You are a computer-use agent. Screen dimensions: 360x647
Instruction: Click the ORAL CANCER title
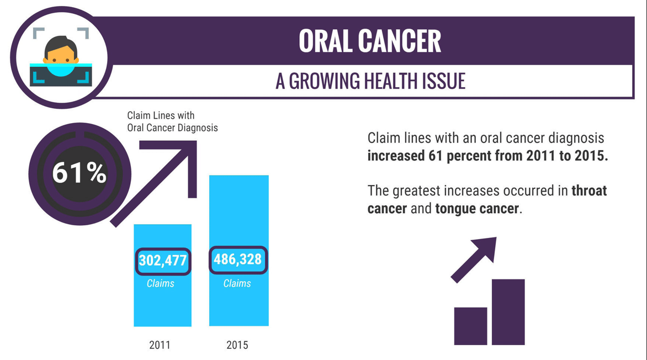click(370, 41)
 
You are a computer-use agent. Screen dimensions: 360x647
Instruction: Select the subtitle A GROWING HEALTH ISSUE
click(370, 81)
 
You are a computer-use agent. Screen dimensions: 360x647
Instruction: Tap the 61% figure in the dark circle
click(79, 173)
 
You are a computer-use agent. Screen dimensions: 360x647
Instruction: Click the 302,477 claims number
click(163, 261)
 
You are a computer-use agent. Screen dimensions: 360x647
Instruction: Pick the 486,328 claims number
click(238, 260)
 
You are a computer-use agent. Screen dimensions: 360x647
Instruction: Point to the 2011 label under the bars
click(160, 345)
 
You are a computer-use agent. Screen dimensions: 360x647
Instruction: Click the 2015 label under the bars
click(237, 345)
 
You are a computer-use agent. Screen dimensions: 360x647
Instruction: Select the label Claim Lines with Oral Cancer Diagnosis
click(172, 122)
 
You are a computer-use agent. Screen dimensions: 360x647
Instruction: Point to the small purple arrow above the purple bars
click(475, 258)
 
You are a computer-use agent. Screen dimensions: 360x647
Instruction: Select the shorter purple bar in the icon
click(470, 326)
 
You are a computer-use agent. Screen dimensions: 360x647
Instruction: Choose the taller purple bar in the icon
click(508, 312)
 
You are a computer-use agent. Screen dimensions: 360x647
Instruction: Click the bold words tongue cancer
click(477, 209)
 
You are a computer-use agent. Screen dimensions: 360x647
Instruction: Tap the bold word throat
click(588, 191)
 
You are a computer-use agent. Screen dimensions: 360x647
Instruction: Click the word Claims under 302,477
click(161, 284)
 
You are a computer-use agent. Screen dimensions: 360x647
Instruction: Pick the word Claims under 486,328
click(237, 284)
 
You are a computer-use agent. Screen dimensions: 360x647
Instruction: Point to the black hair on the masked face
click(61, 42)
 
